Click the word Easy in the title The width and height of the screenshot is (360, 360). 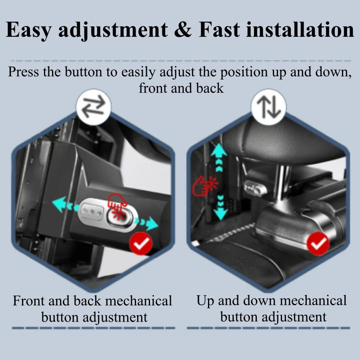[x=30, y=30]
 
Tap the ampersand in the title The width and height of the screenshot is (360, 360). [x=183, y=30]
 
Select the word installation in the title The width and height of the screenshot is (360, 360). [x=300, y=30]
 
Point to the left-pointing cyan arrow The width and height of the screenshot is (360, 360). [x=60, y=205]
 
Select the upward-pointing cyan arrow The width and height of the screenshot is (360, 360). [x=219, y=152]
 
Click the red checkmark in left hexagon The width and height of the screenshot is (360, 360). [x=141, y=243]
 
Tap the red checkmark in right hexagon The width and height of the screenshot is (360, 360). [x=318, y=243]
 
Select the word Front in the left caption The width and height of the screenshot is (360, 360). [x=30, y=301]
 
